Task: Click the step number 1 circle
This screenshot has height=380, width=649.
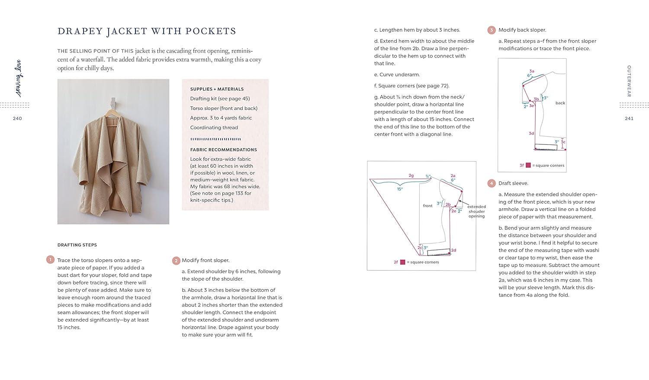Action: [50, 259]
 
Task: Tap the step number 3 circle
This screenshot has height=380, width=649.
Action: [492, 30]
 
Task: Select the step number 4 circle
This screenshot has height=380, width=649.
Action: [492, 183]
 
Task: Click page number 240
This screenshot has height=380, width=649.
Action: [17, 118]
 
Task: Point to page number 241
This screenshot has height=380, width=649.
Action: [629, 118]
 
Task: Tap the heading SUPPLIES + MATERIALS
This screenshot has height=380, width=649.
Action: [217, 89]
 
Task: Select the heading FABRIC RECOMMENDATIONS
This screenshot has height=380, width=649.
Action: [223, 150]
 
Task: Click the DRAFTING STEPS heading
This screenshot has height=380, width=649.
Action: [77, 245]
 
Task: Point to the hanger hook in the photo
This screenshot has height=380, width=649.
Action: [112, 104]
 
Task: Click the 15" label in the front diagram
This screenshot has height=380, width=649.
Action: [400, 189]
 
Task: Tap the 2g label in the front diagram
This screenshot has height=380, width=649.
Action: [411, 176]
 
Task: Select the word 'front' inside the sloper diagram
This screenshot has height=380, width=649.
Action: [427, 206]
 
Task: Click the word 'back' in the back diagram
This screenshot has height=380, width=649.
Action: [560, 103]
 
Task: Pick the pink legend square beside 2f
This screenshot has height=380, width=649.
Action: [402, 262]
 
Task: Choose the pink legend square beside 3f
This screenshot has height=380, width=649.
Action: [528, 165]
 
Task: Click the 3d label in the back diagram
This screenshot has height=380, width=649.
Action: [531, 134]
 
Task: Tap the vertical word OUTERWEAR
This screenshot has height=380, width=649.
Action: [629, 81]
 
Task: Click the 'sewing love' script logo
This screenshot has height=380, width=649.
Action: [19, 78]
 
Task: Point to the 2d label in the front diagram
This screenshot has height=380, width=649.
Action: [453, 250]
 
